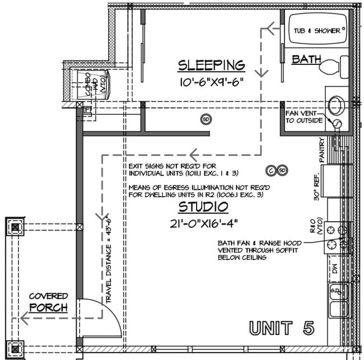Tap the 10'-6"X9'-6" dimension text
211,83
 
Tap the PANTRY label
322,150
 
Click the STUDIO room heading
203,207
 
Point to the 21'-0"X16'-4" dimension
203,224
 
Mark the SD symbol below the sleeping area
206,119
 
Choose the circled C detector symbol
271,170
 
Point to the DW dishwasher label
334,269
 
